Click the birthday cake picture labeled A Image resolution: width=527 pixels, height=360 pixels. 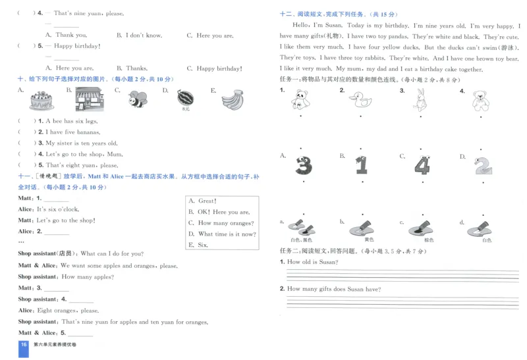coord(41,101)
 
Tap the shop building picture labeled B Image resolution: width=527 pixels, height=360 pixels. coord(88,100)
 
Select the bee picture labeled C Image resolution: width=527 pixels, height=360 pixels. coord(138,99)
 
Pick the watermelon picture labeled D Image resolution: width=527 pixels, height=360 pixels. coord(186,98)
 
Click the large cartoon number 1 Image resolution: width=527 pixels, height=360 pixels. coord(361,165)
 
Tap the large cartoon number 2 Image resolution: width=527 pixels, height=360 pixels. coord(483,165)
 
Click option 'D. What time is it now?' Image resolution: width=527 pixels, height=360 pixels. coord(222,234)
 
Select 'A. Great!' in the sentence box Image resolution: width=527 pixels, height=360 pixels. coord(203,201)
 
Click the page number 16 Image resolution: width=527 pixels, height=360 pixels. coord(24,345)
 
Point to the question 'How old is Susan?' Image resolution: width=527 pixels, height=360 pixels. coord(312,262)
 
